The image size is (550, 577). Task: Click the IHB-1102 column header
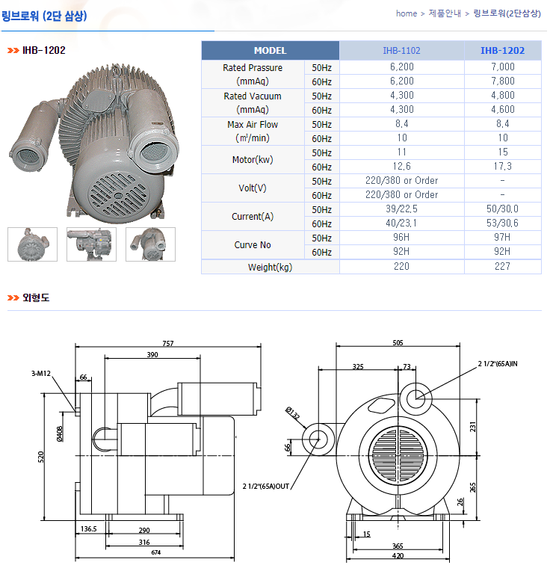coord(401,51)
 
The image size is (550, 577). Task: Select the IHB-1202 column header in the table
coord(502,51)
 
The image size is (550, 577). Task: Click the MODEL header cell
coord(270,51)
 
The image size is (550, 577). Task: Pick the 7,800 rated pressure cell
coord(502,81)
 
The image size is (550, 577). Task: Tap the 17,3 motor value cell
coord(502,167)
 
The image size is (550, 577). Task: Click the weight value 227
coord(502,267)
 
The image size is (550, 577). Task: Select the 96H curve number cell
coord(401,238)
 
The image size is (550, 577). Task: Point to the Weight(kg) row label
coord(270,267)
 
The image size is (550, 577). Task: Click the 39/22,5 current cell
coord(401,209)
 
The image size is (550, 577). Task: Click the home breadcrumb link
coord(407,13)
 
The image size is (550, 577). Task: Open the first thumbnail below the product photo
coord(27,244)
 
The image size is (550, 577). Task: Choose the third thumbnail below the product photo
coord(150,244)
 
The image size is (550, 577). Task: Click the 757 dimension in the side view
coord(168,344)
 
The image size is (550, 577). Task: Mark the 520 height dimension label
coord(42,457)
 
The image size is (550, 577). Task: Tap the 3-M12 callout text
coord(41,372)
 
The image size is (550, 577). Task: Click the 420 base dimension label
coord(398,556)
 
